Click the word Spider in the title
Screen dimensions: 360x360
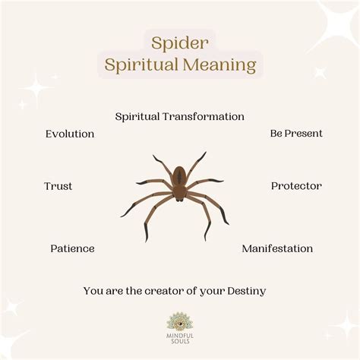pyautogui.click(x=180, y=42)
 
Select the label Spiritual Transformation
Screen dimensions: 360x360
pyautogui.click(x=180, y=116)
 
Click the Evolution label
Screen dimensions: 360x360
pyautogui.click(x=70, y=134)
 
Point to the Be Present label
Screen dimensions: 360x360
pyautogui.click(x=296, y=133)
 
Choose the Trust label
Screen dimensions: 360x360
pyautogui.click(x=58, y=186)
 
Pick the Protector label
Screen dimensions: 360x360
pyautogui.click(x=296, y=185)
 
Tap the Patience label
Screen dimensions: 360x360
pyautogui.click(x=72, y=248)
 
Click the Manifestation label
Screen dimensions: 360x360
pyautogui.click(x=277, y=248)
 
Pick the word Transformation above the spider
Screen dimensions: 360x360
pyautogui.click(x=206, y=116)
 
